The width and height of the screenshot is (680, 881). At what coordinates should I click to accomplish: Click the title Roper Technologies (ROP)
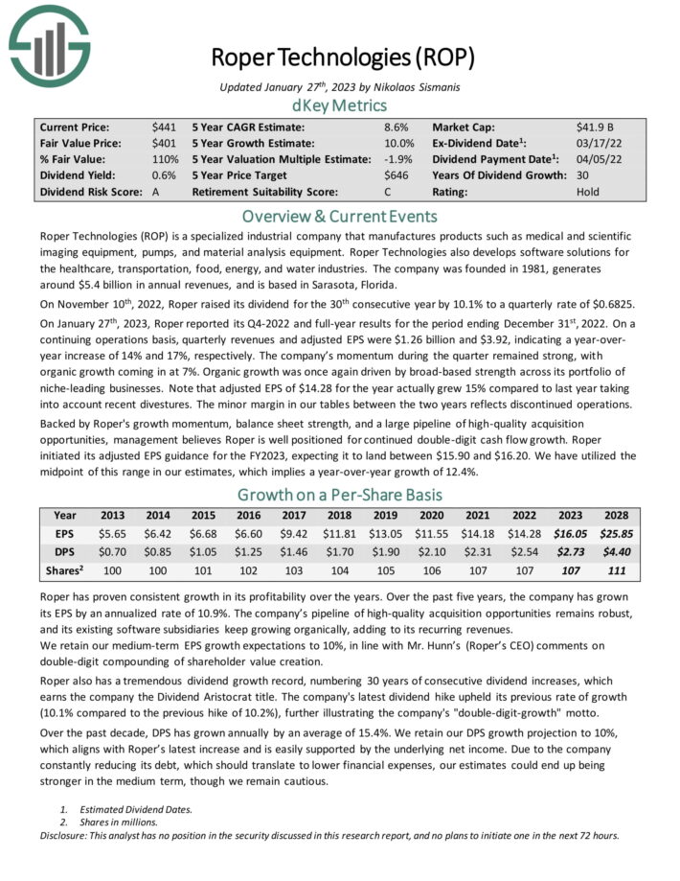pos(342,57)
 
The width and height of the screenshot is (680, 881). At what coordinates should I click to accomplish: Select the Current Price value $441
pos(163,127)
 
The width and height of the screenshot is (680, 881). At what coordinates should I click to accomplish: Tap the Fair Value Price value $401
pos(163,143)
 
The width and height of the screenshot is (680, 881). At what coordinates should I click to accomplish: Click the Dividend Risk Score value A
pos(156,192)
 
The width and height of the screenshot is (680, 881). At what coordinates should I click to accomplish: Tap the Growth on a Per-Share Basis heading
pos(340,495)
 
